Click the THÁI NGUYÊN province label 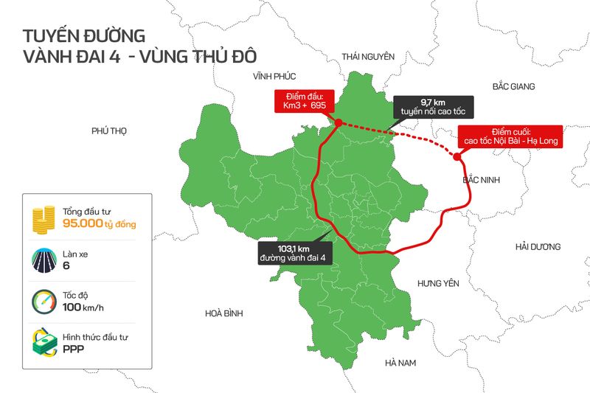(368, 57)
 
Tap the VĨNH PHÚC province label (274, 77)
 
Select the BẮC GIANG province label (513, 87)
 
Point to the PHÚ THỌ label (110, 131)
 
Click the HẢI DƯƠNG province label (538, 246)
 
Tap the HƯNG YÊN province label (438, 283)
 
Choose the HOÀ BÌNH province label (224, 313)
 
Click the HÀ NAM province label (401, 364)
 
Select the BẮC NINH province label (482, 180)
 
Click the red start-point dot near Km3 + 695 (336, 123)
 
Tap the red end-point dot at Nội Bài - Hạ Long (457, 156)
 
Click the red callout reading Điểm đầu (304, 101)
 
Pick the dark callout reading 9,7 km (430, 107)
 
